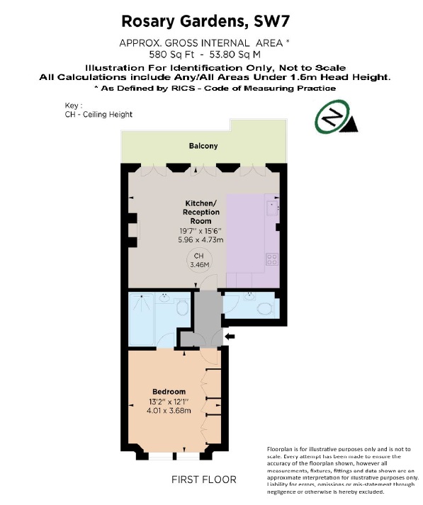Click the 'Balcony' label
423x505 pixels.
tap(203, 146)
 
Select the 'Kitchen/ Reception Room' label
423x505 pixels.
tap(201, 212)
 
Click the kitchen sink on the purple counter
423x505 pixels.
tap(272, 208)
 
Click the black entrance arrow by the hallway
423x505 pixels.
tap(231, 336)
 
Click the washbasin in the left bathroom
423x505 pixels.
tap(164, 298)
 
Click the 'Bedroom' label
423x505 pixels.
tap(169, 392)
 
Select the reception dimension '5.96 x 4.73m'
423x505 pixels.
tap(201, 240)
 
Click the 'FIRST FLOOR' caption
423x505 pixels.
tap(204, 480)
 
